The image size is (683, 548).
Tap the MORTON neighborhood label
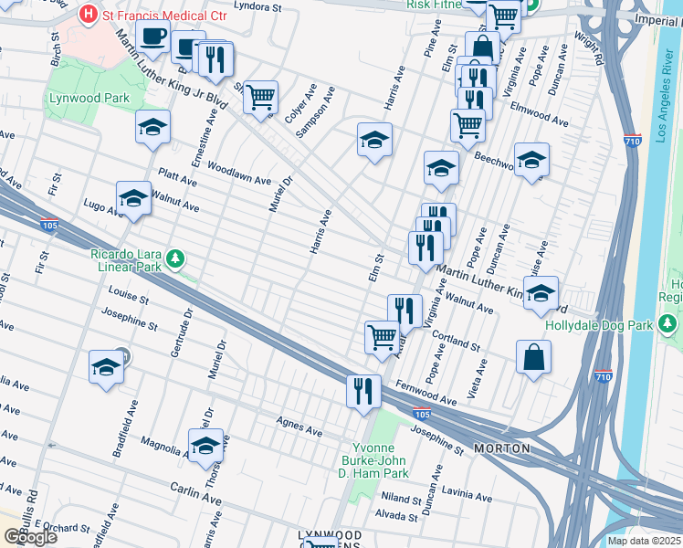(502, 448)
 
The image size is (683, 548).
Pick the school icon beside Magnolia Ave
(205, 447)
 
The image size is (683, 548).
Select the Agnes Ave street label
(300, 425)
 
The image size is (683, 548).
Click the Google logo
(29, 536)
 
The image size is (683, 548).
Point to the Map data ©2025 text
(643, 541)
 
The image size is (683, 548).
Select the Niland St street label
(401, 499)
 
